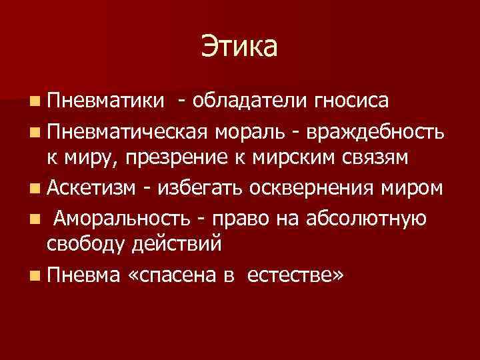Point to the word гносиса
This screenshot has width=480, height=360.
pos(347,101)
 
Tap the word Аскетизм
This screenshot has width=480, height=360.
pos(90,189)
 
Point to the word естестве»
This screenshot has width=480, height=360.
pos(297,275)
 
